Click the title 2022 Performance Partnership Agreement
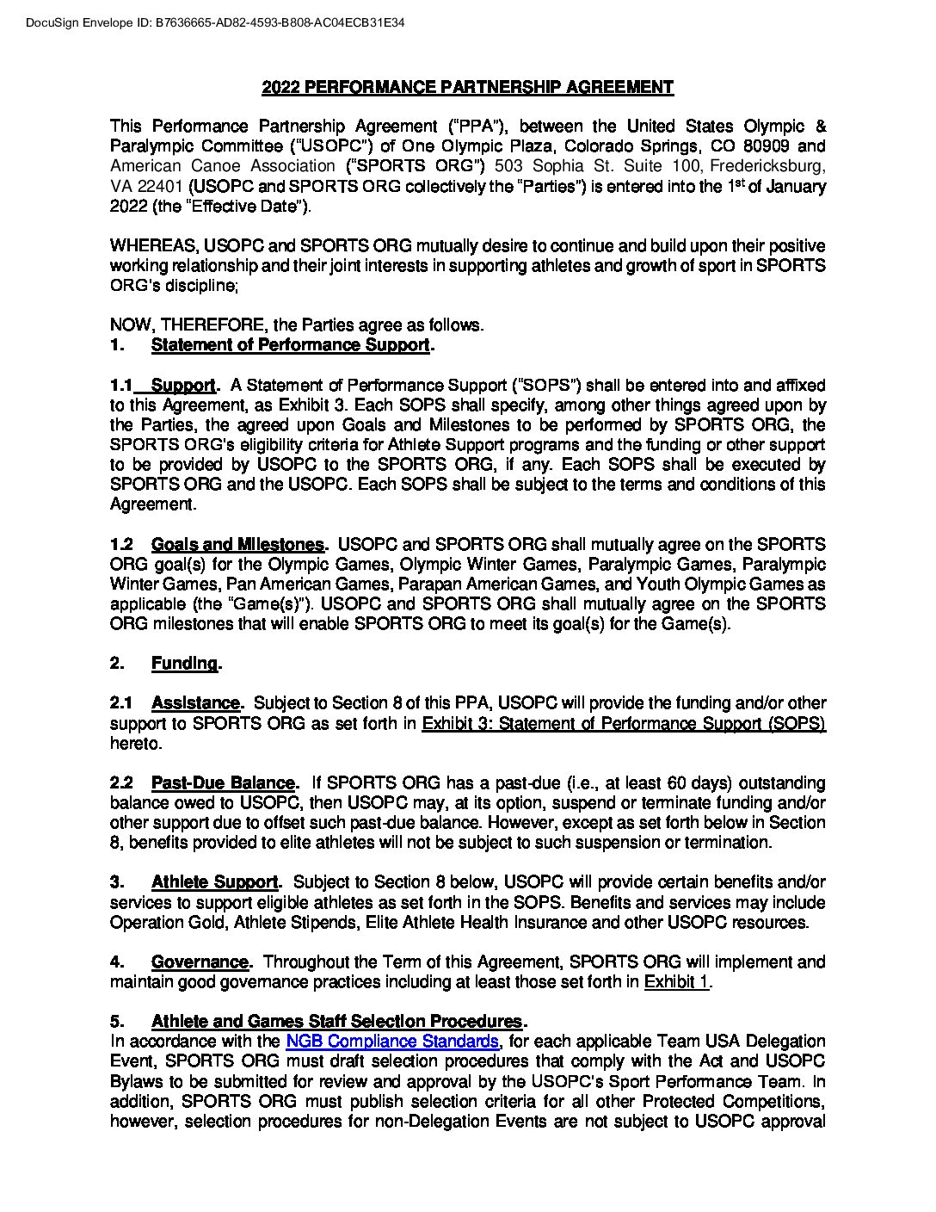pyautogui.click(x=467, y=87)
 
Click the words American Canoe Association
pyautogui.click(x=222, y=166)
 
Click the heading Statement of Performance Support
pyautogui.click(x=290, y=345)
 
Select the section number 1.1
pyautogui.click(x=121, y=386)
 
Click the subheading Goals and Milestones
pyautogui.click(x=237, y=545)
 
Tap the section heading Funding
pyautogui.click(x=184, y=664)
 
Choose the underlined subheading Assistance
pyautogui.click(x=195, y=703)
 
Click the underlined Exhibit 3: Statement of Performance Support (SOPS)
pyautogui.click(x=623, y=723)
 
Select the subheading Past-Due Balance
pyautogui.click(x=223, y=783)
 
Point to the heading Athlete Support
pyautogui.click(x=214, y=882)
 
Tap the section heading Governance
pyautogui.click(x=200, y=962)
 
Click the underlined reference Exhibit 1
pyautogui.click(x=676, y=982)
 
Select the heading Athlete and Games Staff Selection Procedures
pyautogui.click(x=336, y=1022)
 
